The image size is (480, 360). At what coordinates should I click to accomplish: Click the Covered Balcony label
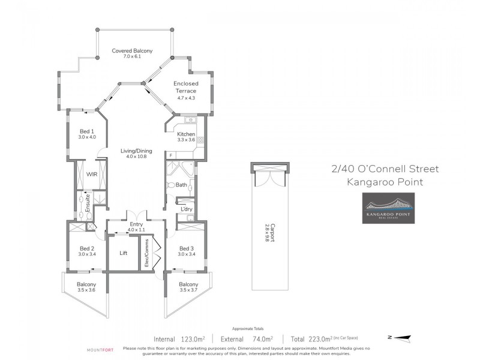point(133,51)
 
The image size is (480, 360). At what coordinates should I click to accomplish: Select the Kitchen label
point(186,134)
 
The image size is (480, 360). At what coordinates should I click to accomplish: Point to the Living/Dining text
point(136,151)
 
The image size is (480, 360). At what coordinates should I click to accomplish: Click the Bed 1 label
point(87,131)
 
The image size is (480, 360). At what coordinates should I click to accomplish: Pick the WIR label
point(92,174)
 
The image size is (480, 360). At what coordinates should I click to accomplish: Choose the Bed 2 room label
point(87,248)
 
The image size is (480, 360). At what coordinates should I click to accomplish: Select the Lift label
point(124,253)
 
